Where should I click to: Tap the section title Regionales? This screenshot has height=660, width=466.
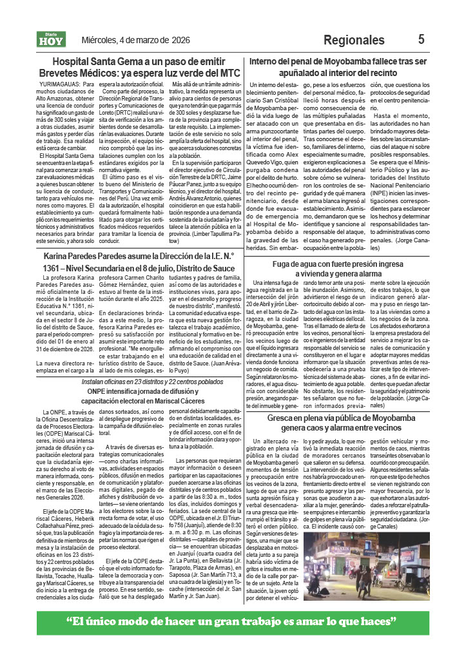(x=354, y=41)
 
